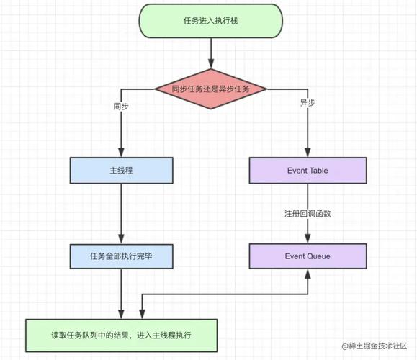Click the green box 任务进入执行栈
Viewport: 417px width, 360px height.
[210, 21]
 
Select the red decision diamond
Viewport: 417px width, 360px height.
[210, 89]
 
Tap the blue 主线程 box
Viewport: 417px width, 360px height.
[121, 170]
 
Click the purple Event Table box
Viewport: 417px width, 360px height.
[308, 170]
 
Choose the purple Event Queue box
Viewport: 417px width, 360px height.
[308, 256]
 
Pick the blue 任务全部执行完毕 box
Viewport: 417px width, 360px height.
[121, 256]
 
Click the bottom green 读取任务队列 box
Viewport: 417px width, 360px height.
[121, 335]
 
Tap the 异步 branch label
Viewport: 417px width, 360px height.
[308, 103]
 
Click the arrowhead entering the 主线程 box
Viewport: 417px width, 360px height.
[121, 153]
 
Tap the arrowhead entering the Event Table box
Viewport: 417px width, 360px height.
[308, 153]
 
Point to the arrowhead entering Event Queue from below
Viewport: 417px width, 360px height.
[308, 274]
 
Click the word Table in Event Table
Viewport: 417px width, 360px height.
[318, 170]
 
